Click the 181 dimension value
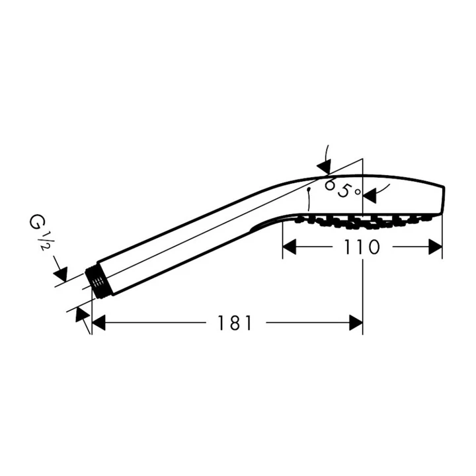(235, 323)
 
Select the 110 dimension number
(362, 247)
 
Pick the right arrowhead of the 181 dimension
(356, 323)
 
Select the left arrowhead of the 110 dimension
(290, 247)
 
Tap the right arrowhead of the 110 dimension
(434, 247)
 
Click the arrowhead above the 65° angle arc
(325, 163)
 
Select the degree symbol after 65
(358, 191)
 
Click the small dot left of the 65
(309, 188)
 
